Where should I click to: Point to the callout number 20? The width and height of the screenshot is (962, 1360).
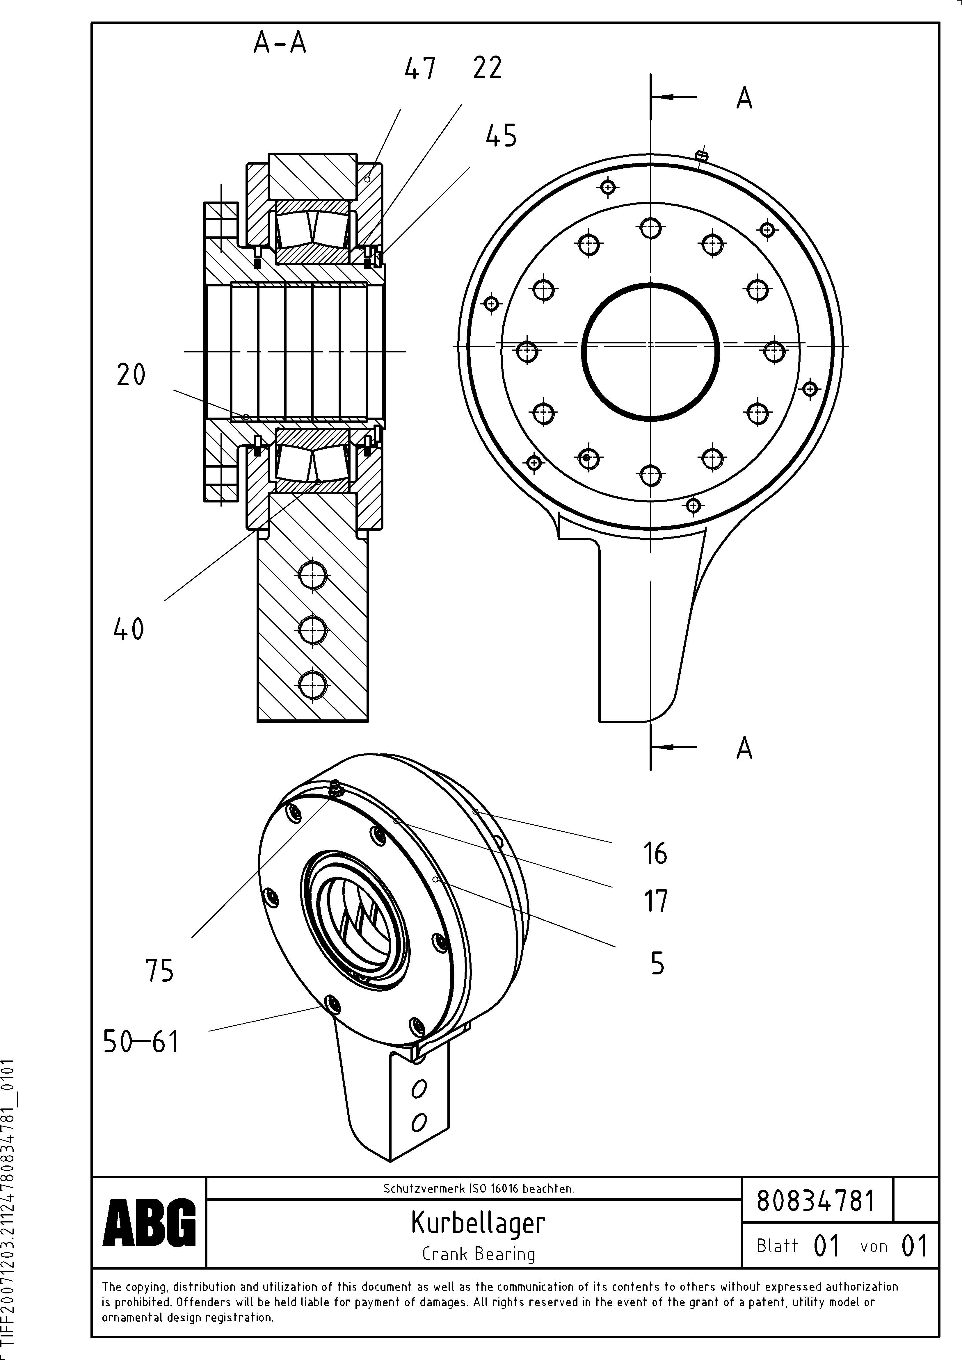point(131,375)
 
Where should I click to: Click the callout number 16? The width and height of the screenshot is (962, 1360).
point(655,853)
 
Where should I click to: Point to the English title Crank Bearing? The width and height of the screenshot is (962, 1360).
point(478,1253)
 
